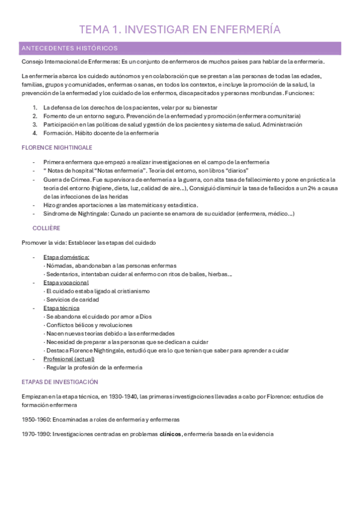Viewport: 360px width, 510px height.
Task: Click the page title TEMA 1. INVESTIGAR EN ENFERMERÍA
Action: [x=180, y=29]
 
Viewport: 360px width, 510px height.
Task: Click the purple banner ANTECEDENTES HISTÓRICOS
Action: [x=70, y=48]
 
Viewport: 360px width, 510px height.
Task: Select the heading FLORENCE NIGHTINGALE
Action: [x=56, y=147]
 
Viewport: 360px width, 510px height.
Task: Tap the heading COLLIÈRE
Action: [x=46, y=227]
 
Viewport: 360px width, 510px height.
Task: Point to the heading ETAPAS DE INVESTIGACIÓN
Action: [x=59, y=382]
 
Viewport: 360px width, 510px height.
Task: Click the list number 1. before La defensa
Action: [x=35, y=107]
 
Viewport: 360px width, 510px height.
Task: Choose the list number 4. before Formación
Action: [x=35, y=133]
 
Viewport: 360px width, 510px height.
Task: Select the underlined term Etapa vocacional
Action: [x=66, y=282]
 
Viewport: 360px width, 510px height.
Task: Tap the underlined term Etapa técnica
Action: [x=61, y=308]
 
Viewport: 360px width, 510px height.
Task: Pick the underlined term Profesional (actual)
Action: [x=68, y=358]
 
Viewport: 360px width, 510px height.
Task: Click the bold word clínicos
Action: [x=170, y=434]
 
